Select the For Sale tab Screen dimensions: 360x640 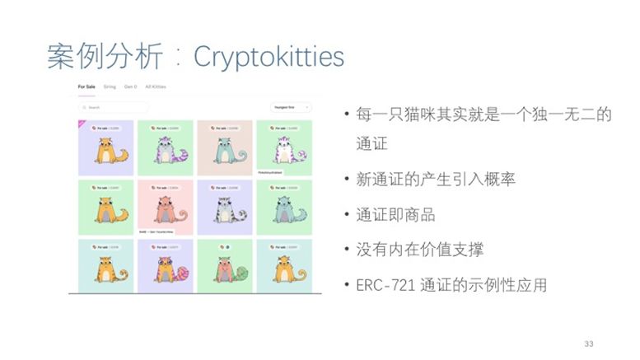[86, 86]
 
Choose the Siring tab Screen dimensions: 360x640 [110, 86]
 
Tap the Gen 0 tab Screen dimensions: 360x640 [130, 86]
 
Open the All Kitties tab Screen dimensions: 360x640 [154, 86]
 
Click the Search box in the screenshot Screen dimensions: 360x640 [114, 107]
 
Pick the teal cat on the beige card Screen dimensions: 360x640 [224, 153]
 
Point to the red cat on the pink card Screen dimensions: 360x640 [166, 213]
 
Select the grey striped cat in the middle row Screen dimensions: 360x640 [224, 213]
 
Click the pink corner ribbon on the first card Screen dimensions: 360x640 [81, 124]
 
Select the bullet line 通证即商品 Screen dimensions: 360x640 [395, 215]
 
